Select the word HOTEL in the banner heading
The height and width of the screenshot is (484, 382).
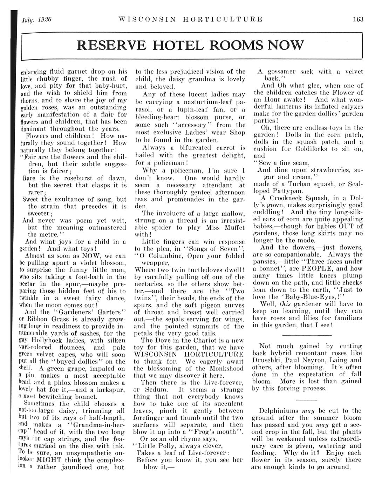(167, 45)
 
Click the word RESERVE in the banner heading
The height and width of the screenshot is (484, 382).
(106, 45)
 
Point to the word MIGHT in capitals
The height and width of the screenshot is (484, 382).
(49, 460)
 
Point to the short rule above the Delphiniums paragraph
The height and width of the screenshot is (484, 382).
(306, 400)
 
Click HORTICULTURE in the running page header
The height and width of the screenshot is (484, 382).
(223, 19)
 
